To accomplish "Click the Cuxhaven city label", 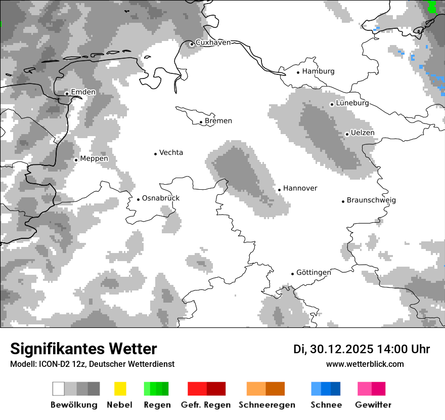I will click(213, 43).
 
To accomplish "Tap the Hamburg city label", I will click(318, 71).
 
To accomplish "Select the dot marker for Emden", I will click(67, 93).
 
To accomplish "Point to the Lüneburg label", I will click(352, 103).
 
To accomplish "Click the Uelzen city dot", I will click(347, 134).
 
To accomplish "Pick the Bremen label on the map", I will click(218, 121).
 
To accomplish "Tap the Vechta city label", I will click(171, 152).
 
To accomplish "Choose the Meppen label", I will click(94, 159).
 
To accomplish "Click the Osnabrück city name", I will click(161, 198).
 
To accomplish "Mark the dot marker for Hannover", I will click(279, 190).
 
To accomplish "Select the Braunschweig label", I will click(371, 200).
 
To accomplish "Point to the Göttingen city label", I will click(314, 273).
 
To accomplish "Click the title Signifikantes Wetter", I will click(83, 349).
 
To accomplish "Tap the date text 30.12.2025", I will click(342, 349).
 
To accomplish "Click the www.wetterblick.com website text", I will click(365, 364).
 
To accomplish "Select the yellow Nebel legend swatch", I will click(120, 389).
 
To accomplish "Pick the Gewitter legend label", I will click(373, 405).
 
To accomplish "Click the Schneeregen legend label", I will click(267, 405).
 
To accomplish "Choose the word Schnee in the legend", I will click(326, 405).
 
